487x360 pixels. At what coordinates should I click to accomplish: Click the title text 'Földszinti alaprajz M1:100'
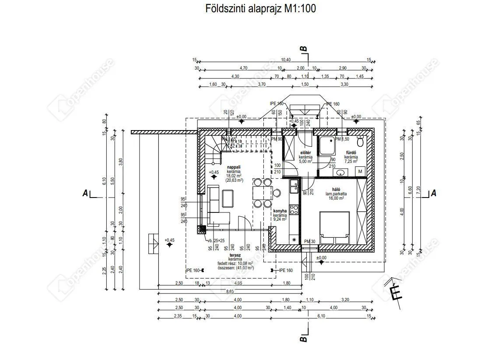click(x=261, y=8)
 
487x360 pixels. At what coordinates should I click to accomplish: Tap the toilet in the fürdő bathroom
click(x=361, y=142)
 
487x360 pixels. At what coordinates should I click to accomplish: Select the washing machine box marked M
click(x=360, y=171)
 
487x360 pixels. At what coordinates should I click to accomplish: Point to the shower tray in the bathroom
click(x=327, y=145)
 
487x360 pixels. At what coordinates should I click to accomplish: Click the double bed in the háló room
click(x=335, y=227)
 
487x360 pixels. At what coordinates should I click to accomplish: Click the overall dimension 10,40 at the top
click(x=286, y=60)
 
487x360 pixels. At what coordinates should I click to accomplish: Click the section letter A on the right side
click(x=433, y=193)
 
